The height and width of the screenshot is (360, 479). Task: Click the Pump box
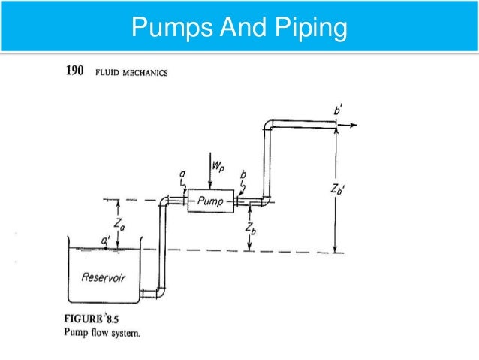point(209,201)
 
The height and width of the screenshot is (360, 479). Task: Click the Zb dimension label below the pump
point(255,228)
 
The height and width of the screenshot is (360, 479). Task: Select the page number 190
point(71,73)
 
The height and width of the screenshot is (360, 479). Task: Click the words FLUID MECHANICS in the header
point(131,74)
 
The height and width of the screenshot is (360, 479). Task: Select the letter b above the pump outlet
point(243,175)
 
